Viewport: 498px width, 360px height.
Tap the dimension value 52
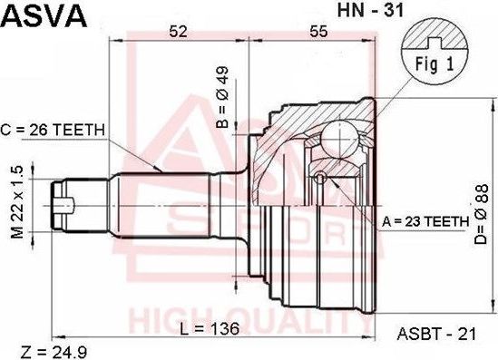tap(178, 32)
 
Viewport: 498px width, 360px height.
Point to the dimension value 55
tap(317, 32)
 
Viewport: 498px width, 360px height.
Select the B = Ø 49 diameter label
tap(221, 90)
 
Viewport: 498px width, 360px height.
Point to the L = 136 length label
tap(210, 328)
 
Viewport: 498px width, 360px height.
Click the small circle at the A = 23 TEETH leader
tap(319, 177)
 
